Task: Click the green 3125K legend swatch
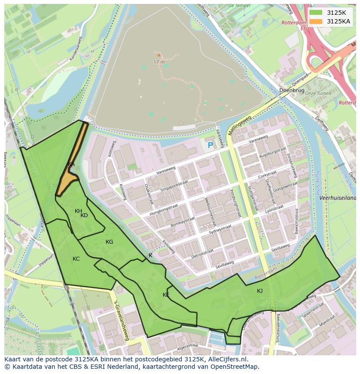coord(316,13)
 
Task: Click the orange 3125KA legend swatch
coord(316,21)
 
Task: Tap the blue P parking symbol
coord(210,146)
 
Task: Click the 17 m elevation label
coord(159,62)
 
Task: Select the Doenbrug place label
coord(292,90)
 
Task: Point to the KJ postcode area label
coord(260,291)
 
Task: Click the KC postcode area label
coord(76,259)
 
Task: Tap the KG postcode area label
coord(109,242)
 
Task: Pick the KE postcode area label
coord(166,295)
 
